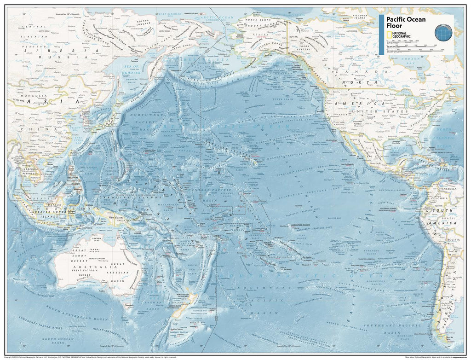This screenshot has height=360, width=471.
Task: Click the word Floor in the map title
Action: point(394,26)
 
